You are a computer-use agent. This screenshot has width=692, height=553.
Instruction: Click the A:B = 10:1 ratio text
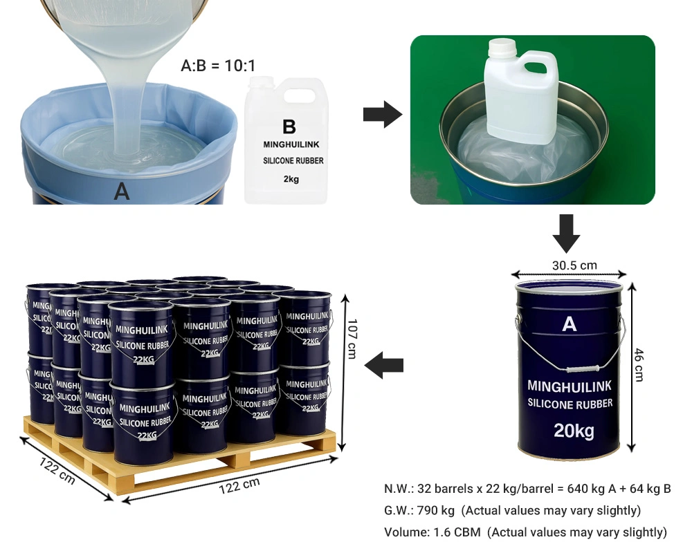(218, 66)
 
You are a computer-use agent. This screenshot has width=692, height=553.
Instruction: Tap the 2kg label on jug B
(291, 179)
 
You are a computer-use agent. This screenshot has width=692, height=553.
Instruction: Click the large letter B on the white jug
(289, 126)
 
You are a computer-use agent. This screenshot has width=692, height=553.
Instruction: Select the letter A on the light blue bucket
(122, 191)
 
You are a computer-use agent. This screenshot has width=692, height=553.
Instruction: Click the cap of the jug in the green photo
(502, 47)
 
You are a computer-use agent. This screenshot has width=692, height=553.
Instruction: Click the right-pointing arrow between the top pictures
(383, 115)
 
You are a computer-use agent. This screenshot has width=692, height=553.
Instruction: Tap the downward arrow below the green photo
(567, 233)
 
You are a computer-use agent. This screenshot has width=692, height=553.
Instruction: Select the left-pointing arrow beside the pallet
(384, 365)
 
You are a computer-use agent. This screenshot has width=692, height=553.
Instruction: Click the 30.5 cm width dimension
(574, 265)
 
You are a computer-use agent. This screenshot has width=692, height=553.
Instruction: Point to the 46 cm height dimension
(639, 365)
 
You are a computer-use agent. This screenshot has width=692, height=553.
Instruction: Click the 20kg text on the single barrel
(574, 431)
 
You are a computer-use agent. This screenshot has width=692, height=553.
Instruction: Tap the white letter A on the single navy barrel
(570, 324)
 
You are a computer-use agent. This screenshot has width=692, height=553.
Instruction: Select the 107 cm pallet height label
(352, 339)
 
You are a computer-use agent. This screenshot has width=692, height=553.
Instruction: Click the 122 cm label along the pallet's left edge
(57, 471)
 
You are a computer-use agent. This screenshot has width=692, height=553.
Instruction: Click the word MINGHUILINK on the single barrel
(570, 386)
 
